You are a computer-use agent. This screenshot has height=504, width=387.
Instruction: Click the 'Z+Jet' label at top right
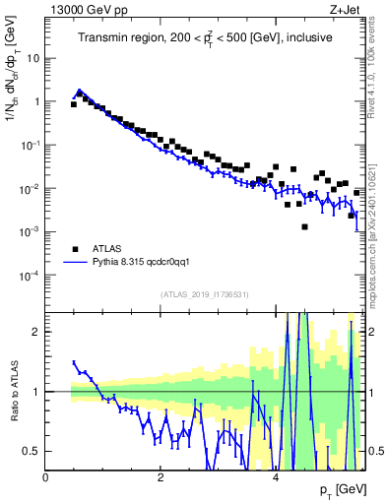coord(347,9)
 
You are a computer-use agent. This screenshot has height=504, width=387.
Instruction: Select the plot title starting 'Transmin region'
coord(205,38)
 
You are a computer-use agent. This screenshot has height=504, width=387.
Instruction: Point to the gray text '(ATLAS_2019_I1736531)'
coord(205,294)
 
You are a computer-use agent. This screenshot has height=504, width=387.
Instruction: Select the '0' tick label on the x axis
coord(46,475)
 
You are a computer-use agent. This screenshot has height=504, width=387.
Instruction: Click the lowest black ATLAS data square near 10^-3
coord(304,226)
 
